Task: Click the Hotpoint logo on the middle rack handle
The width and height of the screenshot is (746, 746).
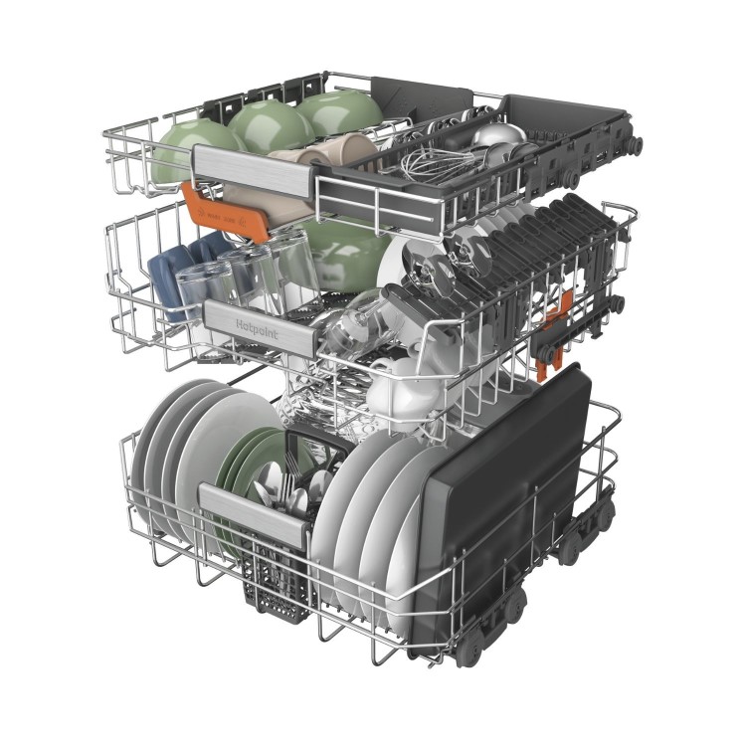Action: coord(257,329)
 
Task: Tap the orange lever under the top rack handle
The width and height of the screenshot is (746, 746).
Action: coord(225,212)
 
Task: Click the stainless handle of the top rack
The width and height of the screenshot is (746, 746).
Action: coord(255,170)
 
